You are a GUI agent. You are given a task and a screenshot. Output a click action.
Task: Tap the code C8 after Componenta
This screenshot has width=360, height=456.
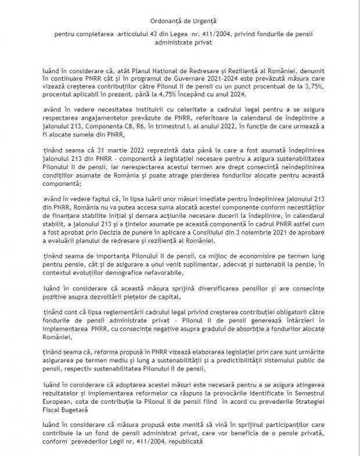click(123, 120)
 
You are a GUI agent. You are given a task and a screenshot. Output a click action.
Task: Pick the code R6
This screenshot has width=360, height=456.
click(135, 120)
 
